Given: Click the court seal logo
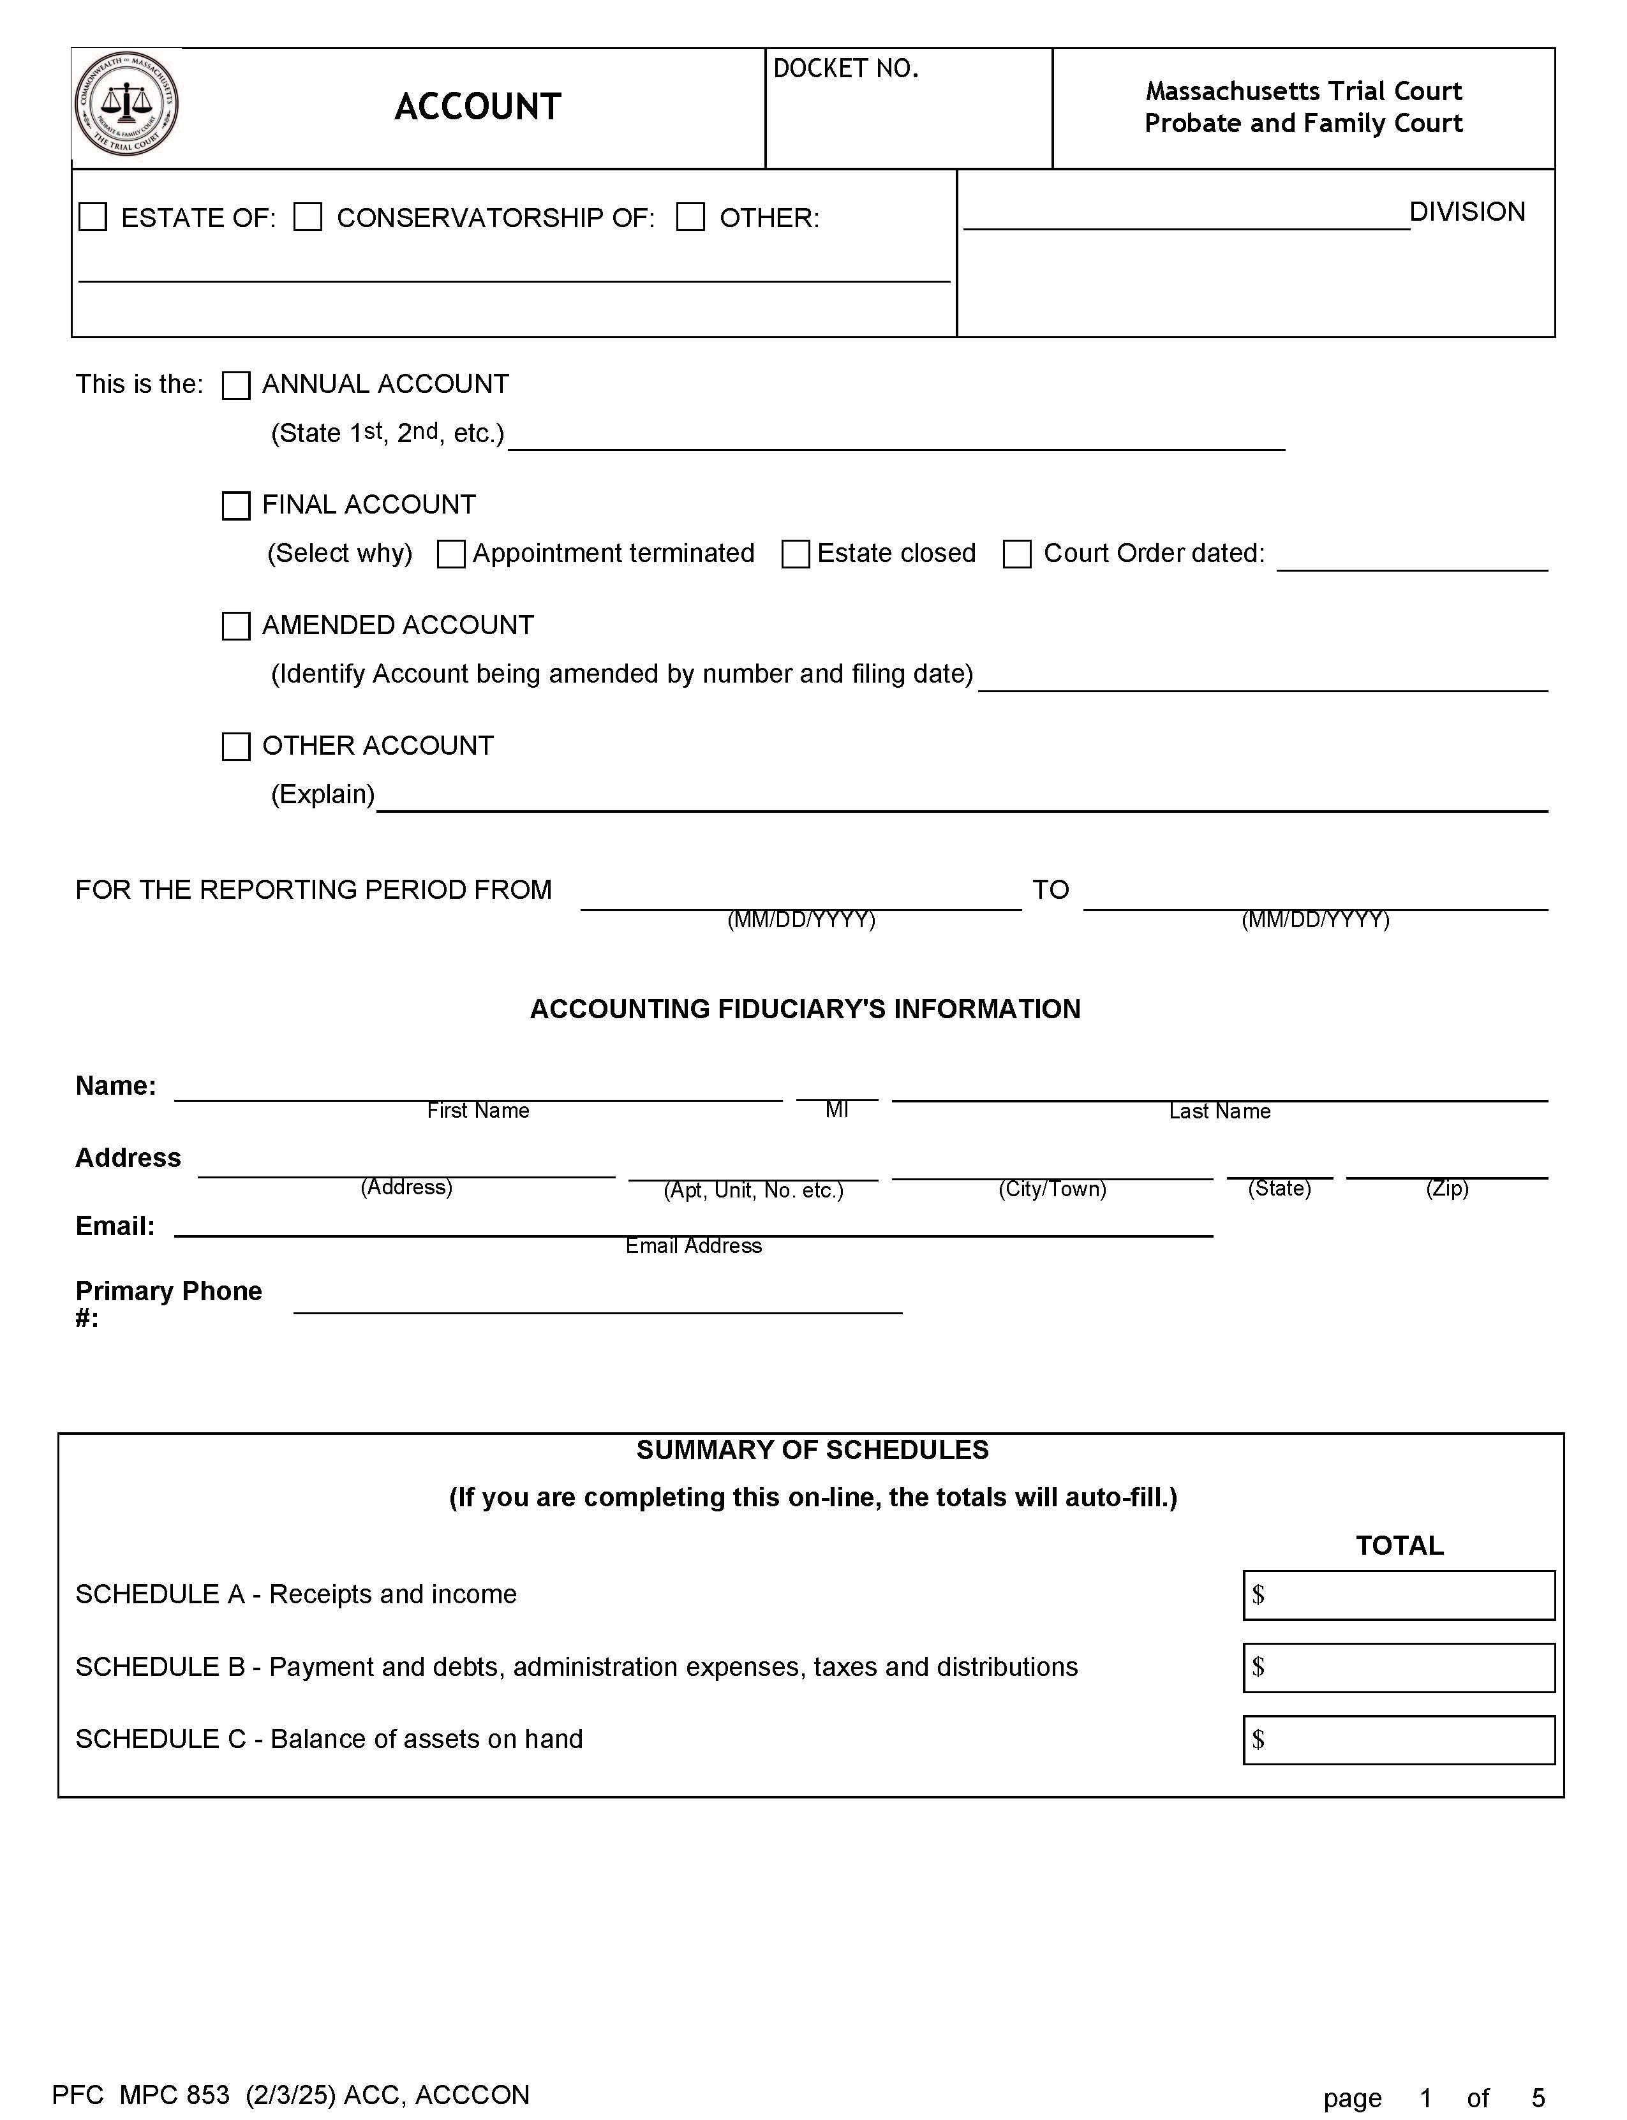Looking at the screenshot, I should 127,103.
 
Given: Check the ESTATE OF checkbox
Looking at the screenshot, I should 93,217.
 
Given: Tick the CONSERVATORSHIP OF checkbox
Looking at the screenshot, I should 308,217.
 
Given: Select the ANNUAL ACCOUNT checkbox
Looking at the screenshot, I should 236,385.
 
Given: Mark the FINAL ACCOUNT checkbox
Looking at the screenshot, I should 236,505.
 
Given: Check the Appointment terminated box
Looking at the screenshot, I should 451,554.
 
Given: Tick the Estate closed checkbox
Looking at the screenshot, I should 796,554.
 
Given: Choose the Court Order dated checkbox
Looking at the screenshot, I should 1017,554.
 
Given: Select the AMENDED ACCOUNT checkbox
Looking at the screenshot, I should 236,626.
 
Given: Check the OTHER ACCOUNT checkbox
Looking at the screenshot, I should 236,746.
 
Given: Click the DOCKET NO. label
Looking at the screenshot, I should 845,69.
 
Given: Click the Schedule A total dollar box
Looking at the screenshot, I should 1399,1595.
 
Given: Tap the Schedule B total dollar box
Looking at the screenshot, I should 1399,1668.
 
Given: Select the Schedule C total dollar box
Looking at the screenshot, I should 1399,1740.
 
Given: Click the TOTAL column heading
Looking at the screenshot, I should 1399,1546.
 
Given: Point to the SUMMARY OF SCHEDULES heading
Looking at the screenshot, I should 812,1450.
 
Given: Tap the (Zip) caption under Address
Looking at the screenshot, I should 1447,1189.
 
